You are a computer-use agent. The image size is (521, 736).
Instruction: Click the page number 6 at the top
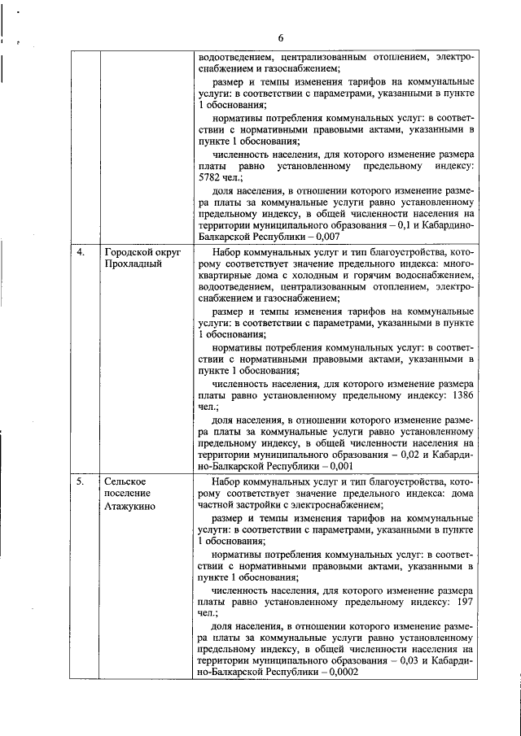pyautogui.click(x=279, y=38)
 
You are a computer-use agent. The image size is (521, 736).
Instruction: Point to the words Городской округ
pyautogui.click(x=139, y=252)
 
